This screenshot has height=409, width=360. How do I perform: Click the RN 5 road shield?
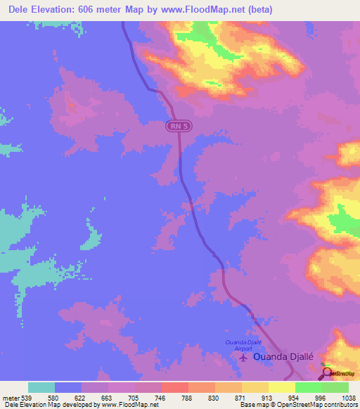(x=179, y=126)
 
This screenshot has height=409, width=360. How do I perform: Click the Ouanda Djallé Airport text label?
(x=243, y=344)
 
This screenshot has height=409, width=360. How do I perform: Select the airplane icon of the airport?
(x=243, y=358)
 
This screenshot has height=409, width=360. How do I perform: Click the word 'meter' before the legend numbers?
(x=10, y=397)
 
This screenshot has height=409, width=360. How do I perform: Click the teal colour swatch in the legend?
(x=41, y=387)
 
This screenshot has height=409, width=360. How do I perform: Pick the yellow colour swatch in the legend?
(x=281, y=387)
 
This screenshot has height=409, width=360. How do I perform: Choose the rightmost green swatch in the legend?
(x=335, y=387)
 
